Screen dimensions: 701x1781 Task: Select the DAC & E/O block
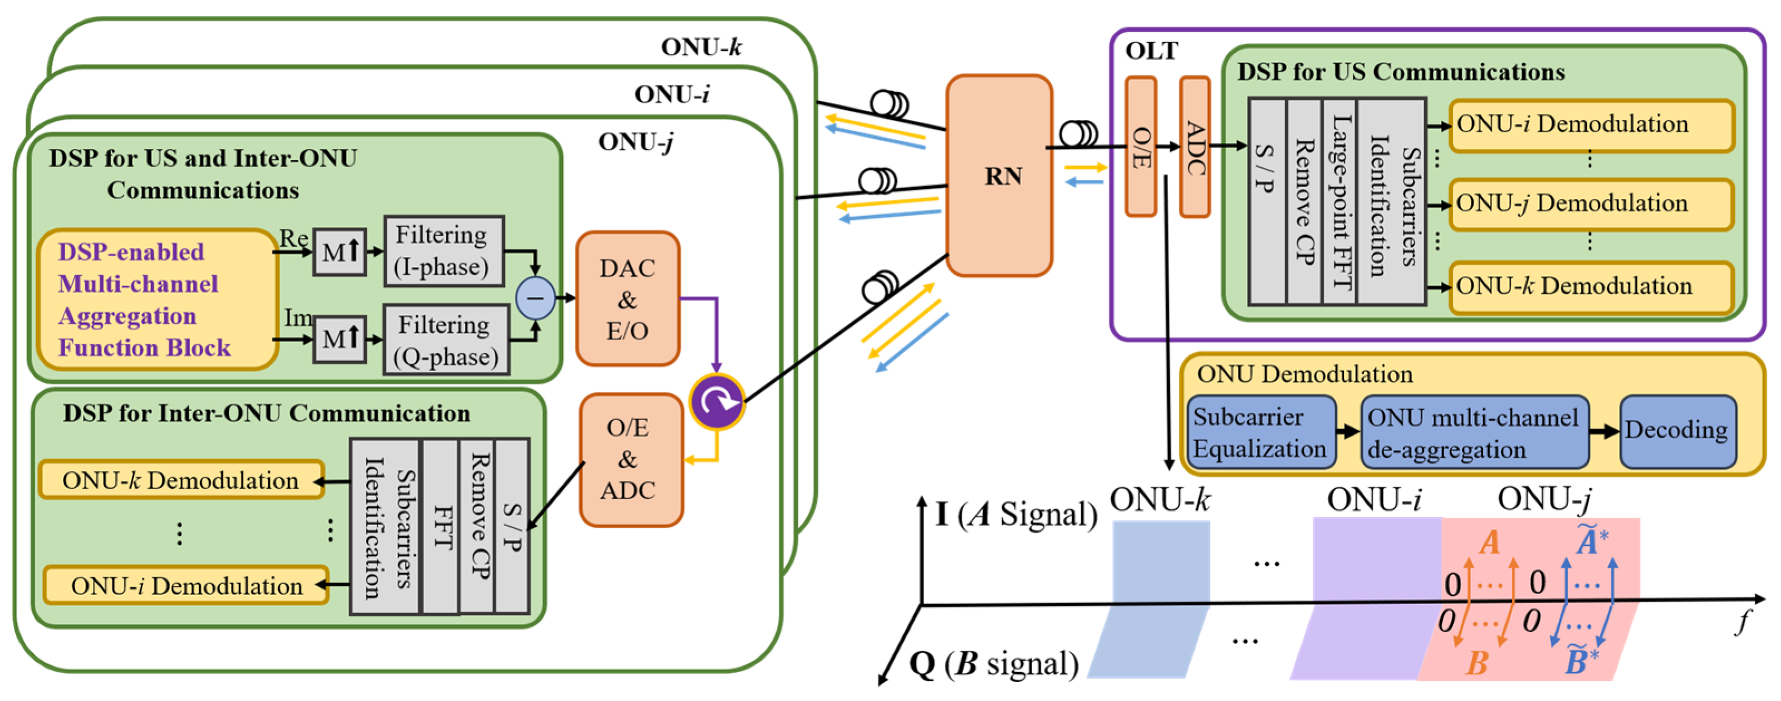point(627,299)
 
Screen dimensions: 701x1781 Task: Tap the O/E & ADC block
point(630,460)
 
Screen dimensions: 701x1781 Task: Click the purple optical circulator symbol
point(717,401)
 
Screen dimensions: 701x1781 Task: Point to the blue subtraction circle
point(535,298)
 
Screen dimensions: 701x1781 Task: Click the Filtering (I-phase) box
point(444,251)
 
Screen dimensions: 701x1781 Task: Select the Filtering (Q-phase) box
point(446,340)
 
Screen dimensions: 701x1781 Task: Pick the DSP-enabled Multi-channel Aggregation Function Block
point(158,299)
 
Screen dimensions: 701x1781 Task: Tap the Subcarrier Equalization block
point(1260,432)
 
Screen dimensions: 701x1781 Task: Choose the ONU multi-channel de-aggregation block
point(1473,432)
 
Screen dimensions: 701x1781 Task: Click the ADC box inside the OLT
point(1195,147)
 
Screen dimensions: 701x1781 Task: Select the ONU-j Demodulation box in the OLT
point(1589,204)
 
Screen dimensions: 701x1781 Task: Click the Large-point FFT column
point(1339,201)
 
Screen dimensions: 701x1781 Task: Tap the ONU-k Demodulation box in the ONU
point(181,480)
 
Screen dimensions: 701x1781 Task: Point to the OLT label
point(1151,51)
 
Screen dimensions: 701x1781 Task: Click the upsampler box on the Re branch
point(340,252)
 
